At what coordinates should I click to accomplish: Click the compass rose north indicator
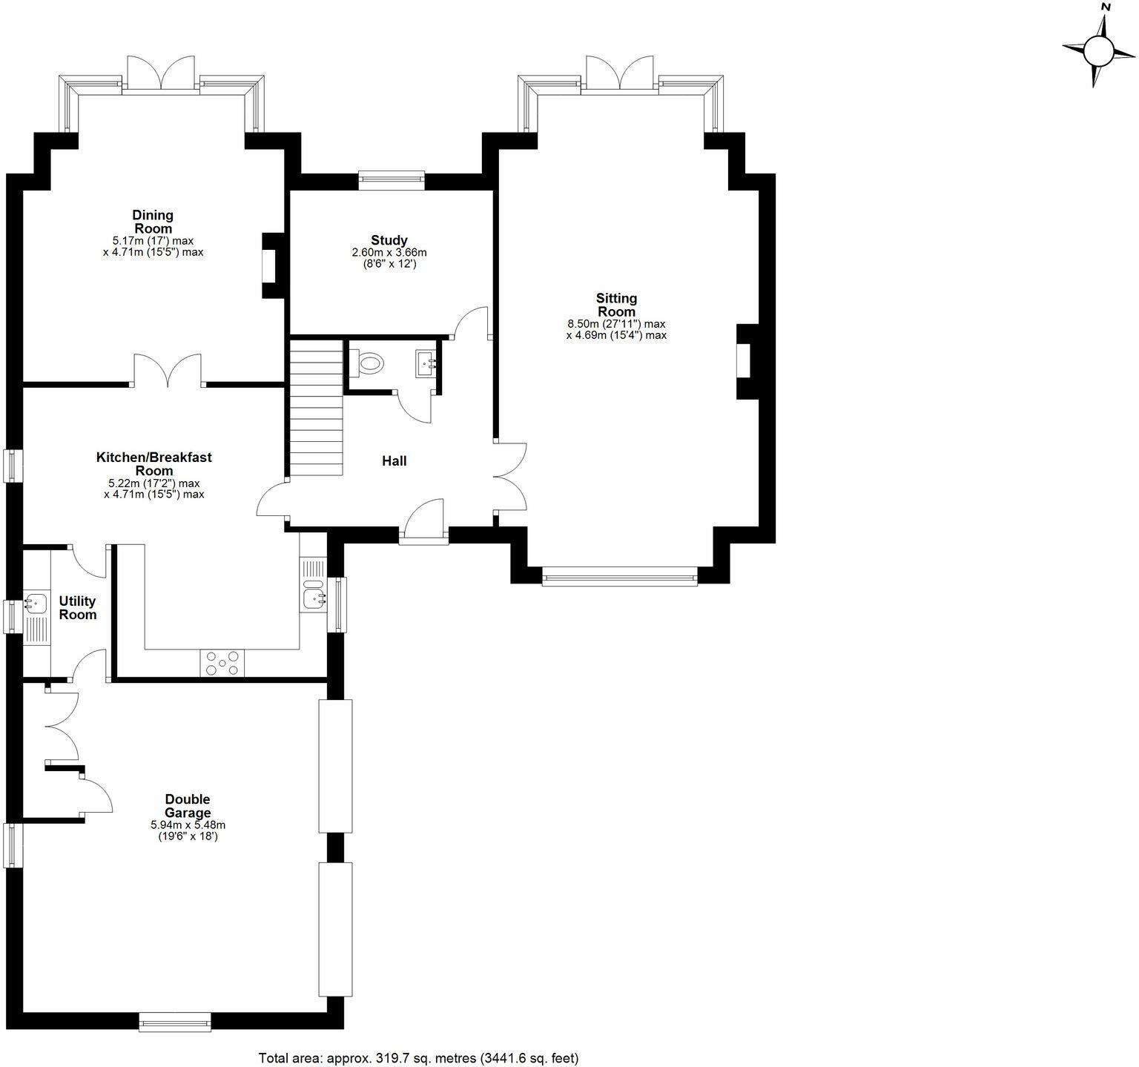pyautogui.click(x=1098, y=50)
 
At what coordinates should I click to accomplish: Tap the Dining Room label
pyautogui.click(x=153, y=222)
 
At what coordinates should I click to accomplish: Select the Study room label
pyautogui.click(x=389, y=240)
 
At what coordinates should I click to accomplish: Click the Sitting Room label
pyautogui.click(x=616, y=305)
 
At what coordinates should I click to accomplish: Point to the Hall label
pyautogui.click(x=394, y=461)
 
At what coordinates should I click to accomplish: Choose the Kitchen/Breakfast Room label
pyautogui.click(x=154, y=463)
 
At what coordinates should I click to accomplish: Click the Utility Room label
pyautogui.click(x=78, y=607)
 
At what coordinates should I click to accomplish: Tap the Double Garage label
pyautogui.click(x=188, y=806)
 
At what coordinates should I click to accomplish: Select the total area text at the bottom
pyautogui.click(x=418, y=1058)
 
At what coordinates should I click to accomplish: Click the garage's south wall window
pyautogui.click(x=175, y=1023)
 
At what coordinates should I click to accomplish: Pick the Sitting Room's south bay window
pyautogui.click(x=619, y=576)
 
